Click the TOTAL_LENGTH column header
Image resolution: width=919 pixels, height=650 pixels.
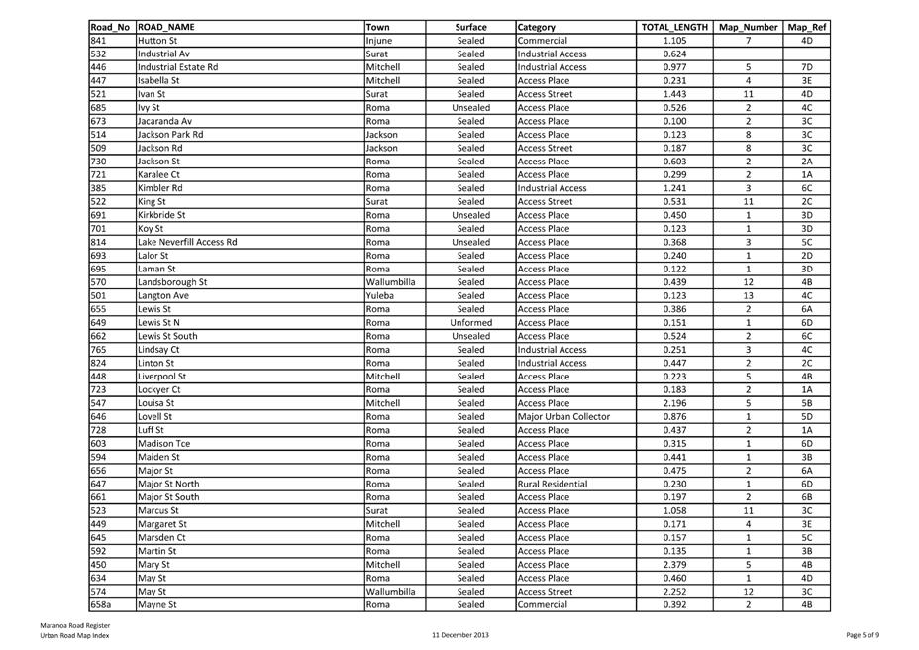pyautogui.click(x=674, y=27)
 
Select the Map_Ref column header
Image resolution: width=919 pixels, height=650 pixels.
pyautogui.click(x=807, y=27)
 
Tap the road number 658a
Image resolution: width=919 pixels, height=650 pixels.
pyautogui.click(x=100, y=603)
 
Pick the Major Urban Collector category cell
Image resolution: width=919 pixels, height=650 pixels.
pyautogui.click(x=563, y=416)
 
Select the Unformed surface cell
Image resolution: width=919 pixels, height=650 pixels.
pyautogui.click(x=470, y=322)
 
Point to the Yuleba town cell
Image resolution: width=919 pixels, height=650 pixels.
pyautogui.click(x=381, y=295)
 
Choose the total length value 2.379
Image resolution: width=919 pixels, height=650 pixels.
pyautogui.click(x=674, y=564)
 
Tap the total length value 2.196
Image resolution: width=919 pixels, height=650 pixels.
pyautogui.click(x=674, y=403)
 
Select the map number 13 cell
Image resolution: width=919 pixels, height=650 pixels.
pyautogui.click(x=748, y=295)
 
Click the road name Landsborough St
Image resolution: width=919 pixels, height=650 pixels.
pyautogui.click(x=172, y=281)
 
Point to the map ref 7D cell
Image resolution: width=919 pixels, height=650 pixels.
pyautogui.click(x=807, y=67)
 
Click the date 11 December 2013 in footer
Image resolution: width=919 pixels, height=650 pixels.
pyautogui.click(x=460, y=634)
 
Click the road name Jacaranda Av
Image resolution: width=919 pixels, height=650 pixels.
pyautogui.click(x=164, y=121)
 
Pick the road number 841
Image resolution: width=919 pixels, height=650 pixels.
pyautogui.click(x=98, y=41)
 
